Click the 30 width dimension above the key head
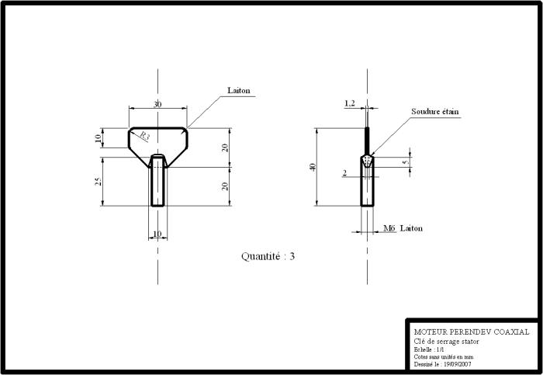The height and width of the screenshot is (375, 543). (157, 104)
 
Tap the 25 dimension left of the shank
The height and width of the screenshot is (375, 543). (97, 182)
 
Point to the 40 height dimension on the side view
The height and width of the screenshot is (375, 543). (312, 167)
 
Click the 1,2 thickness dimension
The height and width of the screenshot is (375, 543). (349, 102)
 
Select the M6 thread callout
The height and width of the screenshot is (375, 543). (389, 229)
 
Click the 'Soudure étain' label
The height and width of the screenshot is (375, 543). (435, 112)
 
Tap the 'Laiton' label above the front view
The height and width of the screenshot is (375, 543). (239, 91)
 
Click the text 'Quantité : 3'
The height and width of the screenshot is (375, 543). (268, 256)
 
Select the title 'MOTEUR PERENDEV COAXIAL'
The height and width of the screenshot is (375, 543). (472, 332)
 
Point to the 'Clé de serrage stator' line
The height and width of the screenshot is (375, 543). (447, 342)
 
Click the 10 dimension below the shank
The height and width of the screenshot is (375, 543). (157, 234)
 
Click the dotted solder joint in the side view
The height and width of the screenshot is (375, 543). (367, 160)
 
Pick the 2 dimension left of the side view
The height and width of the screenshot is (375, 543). (344, 174)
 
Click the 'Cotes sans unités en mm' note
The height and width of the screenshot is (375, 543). (444, 357)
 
